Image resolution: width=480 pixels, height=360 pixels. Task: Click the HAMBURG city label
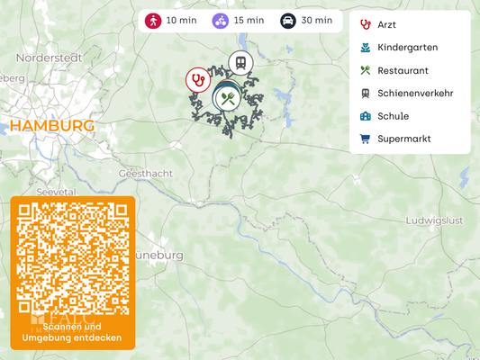click(51, 125)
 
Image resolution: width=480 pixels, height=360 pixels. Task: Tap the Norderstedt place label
click(50, 57)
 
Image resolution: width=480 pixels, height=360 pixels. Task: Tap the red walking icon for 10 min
click(153, 21)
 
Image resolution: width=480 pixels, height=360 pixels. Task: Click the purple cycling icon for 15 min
click(220, 21)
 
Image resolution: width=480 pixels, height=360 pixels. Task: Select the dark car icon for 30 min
click(288, 21)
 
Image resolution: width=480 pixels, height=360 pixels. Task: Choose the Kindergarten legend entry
click(404, 47)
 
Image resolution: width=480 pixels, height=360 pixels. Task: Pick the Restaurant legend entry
click(403, 70)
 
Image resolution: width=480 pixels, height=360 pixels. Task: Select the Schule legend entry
click(393, 116)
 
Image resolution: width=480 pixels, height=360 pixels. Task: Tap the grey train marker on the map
click(240, 62)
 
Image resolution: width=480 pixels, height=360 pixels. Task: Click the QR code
click(72, 257)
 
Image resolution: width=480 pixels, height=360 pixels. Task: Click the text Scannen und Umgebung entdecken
click(72, 331)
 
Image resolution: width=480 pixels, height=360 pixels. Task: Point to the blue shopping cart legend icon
click(365, 139)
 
